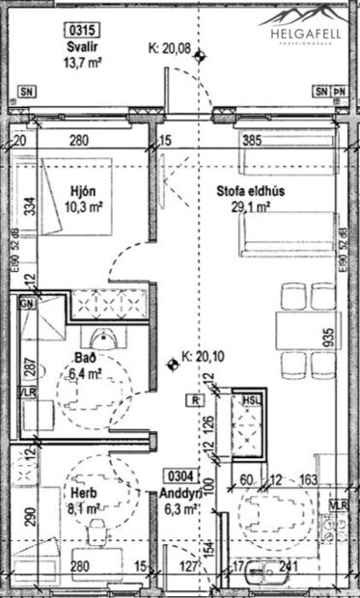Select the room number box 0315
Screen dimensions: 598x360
(79, 30)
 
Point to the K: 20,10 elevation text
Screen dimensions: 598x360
(206, 360)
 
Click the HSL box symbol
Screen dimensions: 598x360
(249, 399)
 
